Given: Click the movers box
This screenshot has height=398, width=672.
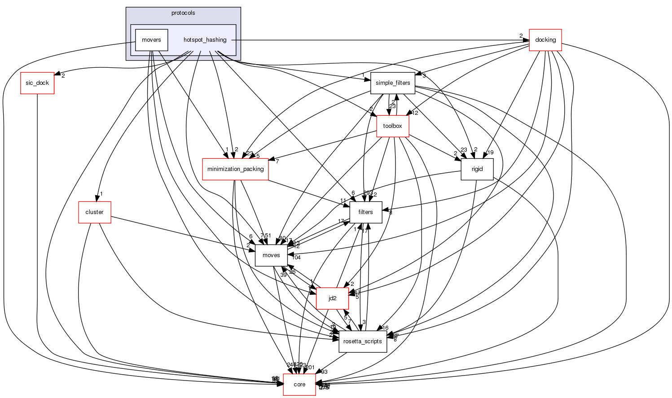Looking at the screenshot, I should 151,40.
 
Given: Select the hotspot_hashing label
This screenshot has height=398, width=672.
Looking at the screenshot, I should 205,40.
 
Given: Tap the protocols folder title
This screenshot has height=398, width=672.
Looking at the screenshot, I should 183,13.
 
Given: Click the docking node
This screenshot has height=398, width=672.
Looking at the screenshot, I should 545,39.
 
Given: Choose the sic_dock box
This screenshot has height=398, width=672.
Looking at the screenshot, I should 37,83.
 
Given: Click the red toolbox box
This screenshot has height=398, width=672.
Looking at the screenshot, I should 392,126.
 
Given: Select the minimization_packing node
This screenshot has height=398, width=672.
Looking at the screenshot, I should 235,169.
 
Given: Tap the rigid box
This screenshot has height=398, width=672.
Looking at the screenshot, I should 477,169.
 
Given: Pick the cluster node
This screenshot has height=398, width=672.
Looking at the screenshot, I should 94,212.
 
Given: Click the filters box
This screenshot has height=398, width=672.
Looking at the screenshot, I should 365,212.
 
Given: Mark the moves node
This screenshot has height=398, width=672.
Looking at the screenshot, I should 271,255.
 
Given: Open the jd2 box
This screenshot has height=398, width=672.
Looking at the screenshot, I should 332,298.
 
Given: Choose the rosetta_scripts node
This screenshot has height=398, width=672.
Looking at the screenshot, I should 363,341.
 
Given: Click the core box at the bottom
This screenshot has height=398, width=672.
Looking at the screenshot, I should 299,385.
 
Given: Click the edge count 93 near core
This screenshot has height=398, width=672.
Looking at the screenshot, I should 324,372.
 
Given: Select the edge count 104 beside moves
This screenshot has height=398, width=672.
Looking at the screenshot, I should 296,257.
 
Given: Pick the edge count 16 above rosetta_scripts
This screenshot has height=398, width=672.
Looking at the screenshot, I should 385,328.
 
